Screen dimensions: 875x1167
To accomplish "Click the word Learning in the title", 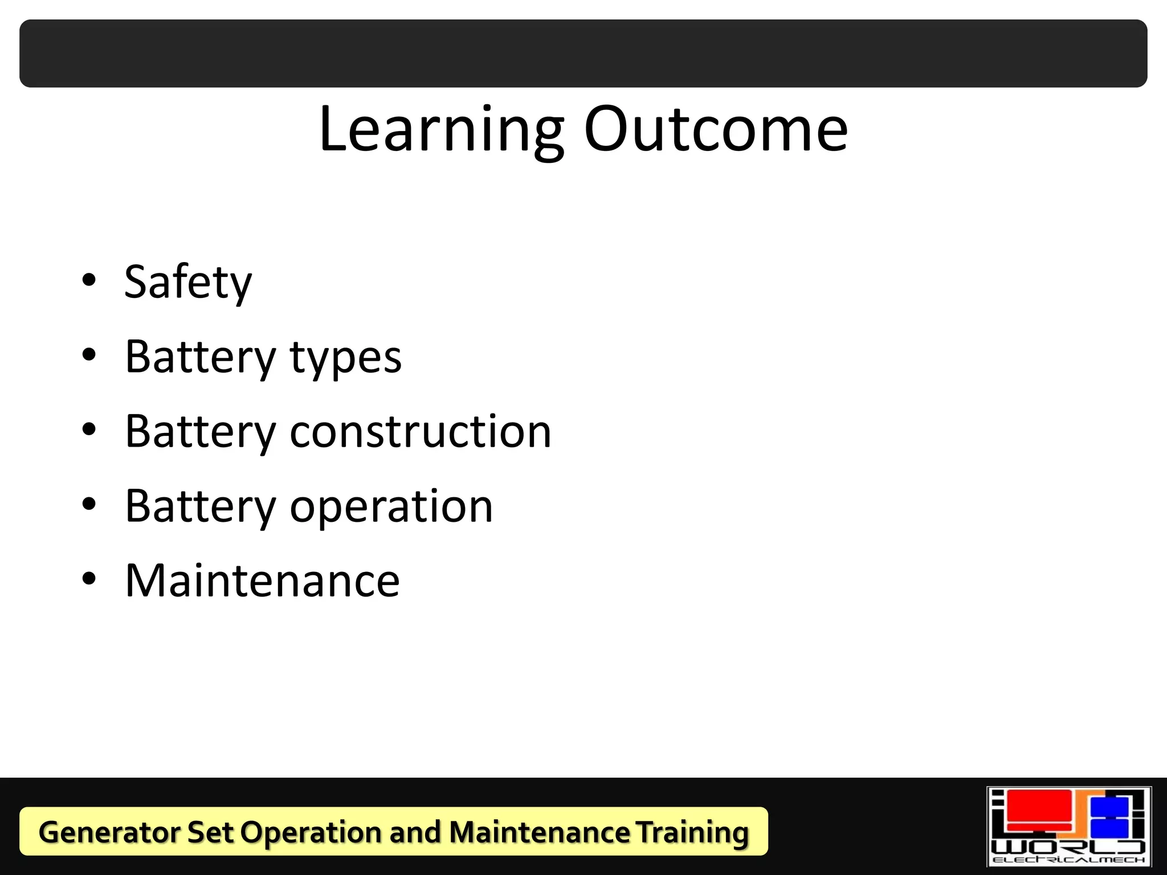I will coord(442,130).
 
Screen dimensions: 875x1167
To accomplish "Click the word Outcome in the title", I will coord(716,130).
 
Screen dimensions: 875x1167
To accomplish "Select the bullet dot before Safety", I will coord(89,280).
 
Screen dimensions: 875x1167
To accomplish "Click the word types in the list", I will coord(346,357).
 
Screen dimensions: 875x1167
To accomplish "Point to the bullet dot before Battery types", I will coord(89,355).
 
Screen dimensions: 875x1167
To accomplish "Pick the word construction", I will coord(421,431).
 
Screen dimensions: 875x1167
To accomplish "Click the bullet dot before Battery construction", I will coord(89,429).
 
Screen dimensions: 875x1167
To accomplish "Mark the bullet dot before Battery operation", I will coord(89,504).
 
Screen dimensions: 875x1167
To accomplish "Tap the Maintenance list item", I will coord(262,580).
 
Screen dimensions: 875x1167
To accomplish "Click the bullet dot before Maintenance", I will coord(89,579).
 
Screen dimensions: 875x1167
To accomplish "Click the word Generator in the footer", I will coord(109,832).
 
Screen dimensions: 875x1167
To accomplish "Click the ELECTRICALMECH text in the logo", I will coord(1068,860).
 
